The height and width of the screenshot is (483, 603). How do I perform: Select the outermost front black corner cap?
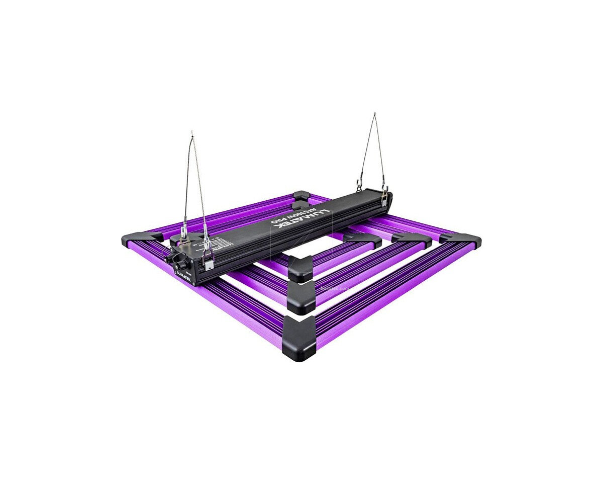[299, 339]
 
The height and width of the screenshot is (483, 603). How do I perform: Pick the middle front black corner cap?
[301, 297]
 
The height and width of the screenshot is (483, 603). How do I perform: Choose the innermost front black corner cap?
[300, 268]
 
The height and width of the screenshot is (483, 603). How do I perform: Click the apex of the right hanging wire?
[374, 114]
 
